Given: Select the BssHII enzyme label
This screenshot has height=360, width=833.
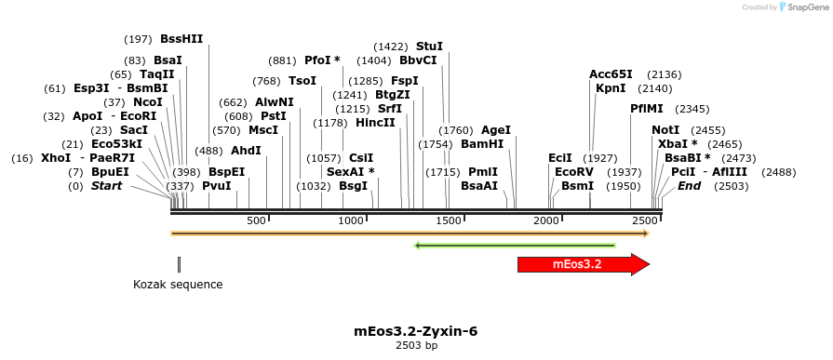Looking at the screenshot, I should (181, 39).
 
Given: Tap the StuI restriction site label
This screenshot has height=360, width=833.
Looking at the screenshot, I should (429, 46).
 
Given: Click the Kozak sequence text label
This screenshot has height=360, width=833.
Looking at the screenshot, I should (178, 285).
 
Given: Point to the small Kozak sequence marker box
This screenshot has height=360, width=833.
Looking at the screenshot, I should (179, 264).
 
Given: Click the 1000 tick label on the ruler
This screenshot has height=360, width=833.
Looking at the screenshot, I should (351, 220).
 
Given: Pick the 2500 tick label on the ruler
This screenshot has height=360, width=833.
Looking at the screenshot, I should (643, 220).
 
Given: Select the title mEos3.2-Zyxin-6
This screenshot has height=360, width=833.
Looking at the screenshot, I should (416, 331).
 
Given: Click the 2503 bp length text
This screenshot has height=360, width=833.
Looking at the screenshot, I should (416, 346).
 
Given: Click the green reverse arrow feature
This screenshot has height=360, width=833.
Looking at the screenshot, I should (515, 246).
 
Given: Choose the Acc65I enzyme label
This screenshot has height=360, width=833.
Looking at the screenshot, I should (611, 74).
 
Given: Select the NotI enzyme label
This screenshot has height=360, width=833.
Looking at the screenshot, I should (665, 130).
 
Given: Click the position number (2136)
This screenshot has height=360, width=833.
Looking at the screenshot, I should (665, 74).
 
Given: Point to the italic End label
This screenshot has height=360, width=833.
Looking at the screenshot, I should (689, 186).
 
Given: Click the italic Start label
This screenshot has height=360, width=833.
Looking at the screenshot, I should (106, 186).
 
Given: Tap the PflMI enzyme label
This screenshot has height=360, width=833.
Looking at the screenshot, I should (647, 109).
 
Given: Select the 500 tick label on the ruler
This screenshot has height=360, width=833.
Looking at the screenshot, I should (256, 220).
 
